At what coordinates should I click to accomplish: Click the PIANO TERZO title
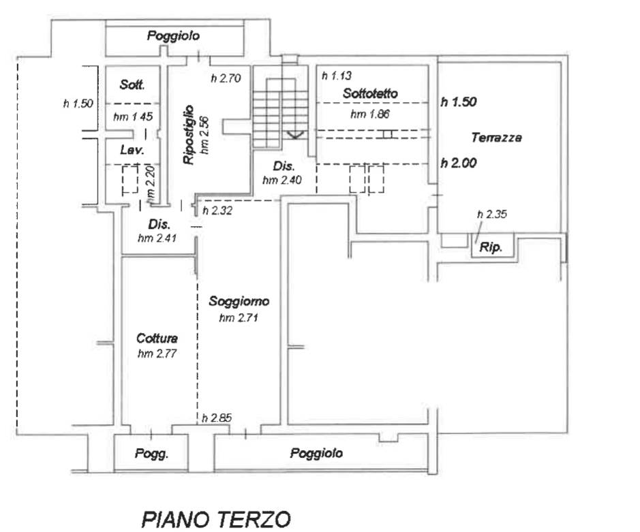click(x=216, y=519)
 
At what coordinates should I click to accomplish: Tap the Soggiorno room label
click(x=239, y=301)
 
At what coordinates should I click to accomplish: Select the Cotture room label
click(x=157, y=339)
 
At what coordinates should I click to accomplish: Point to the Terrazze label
click(x=496, y=138)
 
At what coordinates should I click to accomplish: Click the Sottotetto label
click(x=370, y=93)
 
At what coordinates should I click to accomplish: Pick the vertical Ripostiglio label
click(x=189, y=135)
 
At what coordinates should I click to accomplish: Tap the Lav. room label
click(x=132, y=150)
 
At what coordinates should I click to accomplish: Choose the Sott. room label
click(x=132, y=84)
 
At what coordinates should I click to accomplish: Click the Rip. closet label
click(x=491, y=247)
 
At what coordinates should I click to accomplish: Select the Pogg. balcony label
click(x=151, y=454)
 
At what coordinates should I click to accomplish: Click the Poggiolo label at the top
click(x=174, y=36)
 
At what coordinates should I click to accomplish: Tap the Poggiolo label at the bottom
click(x=316, y=453)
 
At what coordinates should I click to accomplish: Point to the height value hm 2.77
click(x=157, y=354)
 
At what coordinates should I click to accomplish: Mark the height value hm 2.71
click(x=239, y=317)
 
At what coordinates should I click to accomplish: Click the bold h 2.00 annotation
click(x=459, y=163)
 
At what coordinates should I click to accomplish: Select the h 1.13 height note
click(x=337, y=76)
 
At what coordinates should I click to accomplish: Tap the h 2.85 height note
click(x=217, y=418)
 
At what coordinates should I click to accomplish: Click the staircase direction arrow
click(x=295, y=134)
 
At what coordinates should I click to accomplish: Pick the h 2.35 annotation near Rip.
click(x=492, y=214)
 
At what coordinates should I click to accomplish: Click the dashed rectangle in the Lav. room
click(x=130, y=179)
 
